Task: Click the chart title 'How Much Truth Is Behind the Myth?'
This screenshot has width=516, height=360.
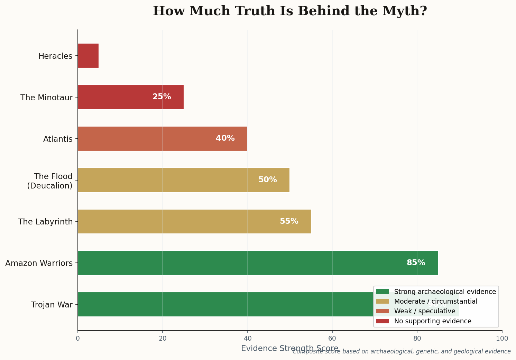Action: (x=290, y=11)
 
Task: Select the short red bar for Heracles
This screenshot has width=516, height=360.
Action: (x=88, y=56)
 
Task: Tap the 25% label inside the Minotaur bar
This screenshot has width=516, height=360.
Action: (x=162, y=97)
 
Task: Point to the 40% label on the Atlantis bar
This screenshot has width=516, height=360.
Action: (x=225, y=138)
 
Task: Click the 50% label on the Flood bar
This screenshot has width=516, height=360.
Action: (x=267, y=180)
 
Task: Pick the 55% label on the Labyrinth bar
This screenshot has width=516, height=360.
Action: (x=289, y=221)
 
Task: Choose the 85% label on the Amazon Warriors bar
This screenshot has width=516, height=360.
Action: (x=416, y=263)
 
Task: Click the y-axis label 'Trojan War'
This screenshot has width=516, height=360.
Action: (x=52, y=305)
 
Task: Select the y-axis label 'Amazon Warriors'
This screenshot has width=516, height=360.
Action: (x=39, y=263)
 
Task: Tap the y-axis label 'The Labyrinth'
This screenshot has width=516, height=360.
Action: (x=45, y=222)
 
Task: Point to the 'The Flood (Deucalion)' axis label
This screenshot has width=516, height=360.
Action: (x=50, y=181)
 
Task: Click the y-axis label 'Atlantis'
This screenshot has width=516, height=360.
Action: (x=58, y=139)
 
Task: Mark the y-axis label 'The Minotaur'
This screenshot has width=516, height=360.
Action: (x=47, y=98)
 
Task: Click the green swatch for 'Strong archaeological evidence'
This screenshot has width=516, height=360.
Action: (x=383, y=292)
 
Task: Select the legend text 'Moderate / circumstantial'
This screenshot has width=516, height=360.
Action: (x=436, y=302)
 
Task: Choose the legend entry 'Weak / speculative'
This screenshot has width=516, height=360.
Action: (x=425, y=311)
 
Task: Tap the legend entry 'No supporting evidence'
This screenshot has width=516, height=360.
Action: (x=433, y=321)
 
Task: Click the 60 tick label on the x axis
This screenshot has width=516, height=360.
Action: (x=332, y=339)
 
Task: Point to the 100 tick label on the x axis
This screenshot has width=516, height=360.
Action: (x=502, y=339)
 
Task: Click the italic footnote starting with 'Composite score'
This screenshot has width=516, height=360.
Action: (x=402, y=352)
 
